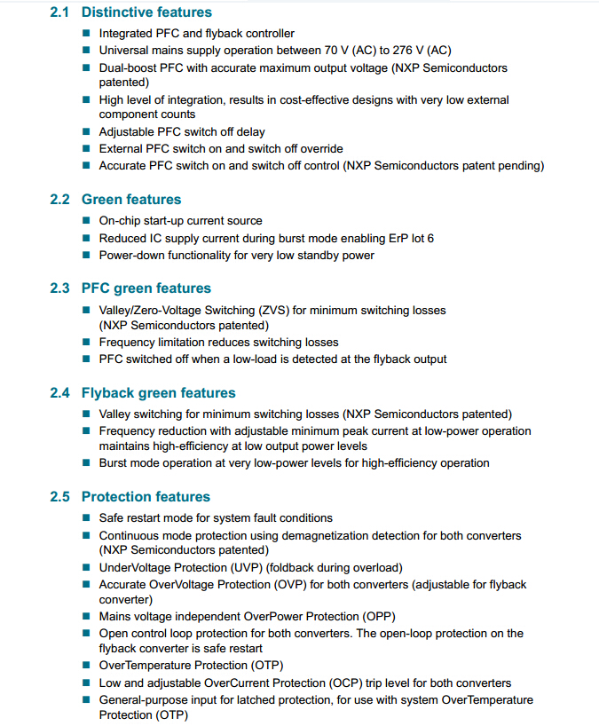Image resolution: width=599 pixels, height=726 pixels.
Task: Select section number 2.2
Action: point(59,200)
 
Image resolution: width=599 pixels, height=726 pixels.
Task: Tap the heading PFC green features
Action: point(146,288)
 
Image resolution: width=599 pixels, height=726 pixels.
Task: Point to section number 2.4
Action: point(59,393)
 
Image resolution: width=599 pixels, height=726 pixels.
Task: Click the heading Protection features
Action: point(146,497)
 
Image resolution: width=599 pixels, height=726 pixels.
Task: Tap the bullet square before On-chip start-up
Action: point(86,221)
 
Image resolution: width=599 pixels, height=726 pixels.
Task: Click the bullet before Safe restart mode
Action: point(86,518)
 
